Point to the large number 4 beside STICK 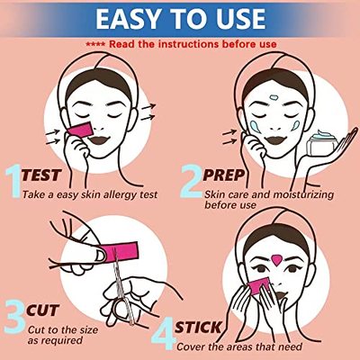pos(188,330)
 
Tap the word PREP pos(230,176)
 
